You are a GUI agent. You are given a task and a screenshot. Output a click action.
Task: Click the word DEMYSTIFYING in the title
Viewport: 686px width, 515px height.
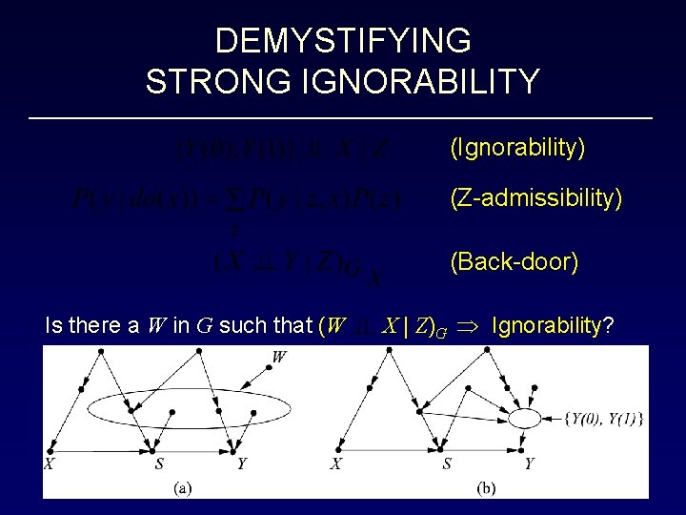343,41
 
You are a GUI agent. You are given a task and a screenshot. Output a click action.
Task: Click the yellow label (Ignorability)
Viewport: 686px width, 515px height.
517,148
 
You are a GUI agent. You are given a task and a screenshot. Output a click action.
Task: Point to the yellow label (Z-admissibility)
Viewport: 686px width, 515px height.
536,198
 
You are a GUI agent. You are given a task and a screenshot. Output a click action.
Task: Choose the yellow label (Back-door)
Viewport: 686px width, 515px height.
514,261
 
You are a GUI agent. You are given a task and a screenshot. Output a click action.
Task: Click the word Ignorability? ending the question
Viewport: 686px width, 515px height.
553,326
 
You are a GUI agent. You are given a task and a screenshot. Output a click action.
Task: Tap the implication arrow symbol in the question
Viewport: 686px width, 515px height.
472,326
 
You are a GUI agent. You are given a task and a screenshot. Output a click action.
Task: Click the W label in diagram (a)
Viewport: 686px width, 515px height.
280,358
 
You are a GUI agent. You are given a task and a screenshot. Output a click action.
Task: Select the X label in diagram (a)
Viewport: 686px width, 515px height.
49,463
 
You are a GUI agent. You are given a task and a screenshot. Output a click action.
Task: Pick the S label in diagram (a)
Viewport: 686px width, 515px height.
159,463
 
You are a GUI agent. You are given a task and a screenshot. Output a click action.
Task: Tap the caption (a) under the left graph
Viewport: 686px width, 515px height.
181,487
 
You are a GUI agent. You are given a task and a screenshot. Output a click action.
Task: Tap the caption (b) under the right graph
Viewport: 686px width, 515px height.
486,487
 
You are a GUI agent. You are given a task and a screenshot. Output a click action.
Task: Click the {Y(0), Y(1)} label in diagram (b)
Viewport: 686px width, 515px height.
603,417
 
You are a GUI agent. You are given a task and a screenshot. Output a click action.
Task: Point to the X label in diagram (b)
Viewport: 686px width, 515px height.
335,463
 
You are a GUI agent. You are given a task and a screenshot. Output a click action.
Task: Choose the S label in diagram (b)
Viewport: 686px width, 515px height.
447,463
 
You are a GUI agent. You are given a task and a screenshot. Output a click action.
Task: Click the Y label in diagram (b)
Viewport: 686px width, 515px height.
529,463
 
